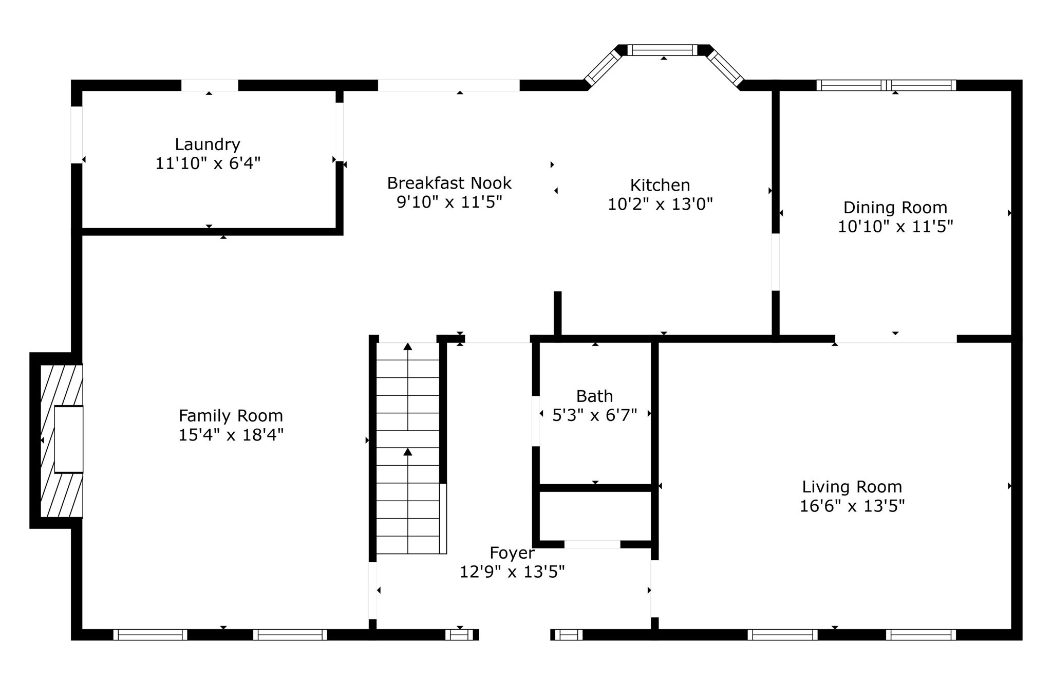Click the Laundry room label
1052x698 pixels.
pos(207,144)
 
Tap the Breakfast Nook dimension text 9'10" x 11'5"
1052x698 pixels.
pos(449,202)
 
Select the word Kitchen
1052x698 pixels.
pos(660,185)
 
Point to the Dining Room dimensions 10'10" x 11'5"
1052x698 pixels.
pos(895,227)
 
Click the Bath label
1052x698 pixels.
pos(594,396)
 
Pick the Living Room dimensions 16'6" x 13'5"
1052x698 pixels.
pos(852,506)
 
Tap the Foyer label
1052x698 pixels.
pos(512,553)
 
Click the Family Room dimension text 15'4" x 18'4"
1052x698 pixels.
pos(231,435)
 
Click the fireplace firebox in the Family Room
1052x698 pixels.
pos(68,439)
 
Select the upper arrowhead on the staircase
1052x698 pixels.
pos(408,346)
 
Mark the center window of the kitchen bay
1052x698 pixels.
pos(662,50)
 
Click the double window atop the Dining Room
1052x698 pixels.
pos(886,85)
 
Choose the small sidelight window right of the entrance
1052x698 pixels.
pos(569,635)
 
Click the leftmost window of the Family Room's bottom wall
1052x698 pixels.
pos(150,635)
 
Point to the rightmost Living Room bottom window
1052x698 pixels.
pos(920,635)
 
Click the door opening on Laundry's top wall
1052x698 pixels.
pos(210,85)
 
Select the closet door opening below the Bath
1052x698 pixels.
pos(592,544)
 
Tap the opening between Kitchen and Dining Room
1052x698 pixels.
pos(776,262)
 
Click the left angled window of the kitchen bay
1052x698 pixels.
pos(603,67)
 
